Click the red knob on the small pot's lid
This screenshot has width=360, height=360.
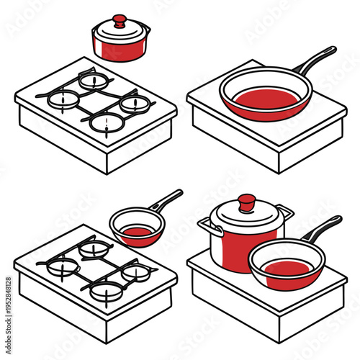click(x=120, y=20)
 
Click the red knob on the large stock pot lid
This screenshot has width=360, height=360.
click(x=247, y=202)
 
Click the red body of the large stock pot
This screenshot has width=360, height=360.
click(x=234, y=248)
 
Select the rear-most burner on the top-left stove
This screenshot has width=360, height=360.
click(x=94, y=80)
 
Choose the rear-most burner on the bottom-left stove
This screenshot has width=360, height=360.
click(x=94, y=248)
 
